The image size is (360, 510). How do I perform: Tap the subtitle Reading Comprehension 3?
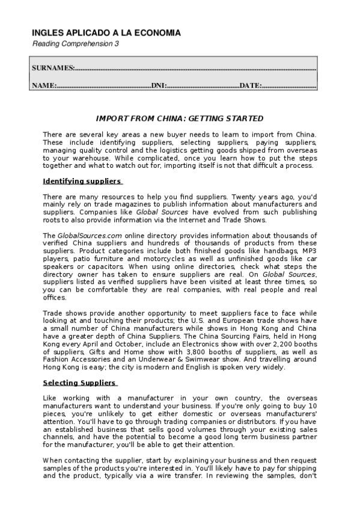[x=75, y=45]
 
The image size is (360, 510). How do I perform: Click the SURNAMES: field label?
[x=53, y=68]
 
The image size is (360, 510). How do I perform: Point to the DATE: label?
[x=250, y=85]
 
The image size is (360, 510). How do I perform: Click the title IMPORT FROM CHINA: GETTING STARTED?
[x=180, y=118]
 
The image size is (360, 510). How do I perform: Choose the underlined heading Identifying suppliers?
[x=82, y=181]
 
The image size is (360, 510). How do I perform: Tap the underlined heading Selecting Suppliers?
[x=80, y=382]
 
